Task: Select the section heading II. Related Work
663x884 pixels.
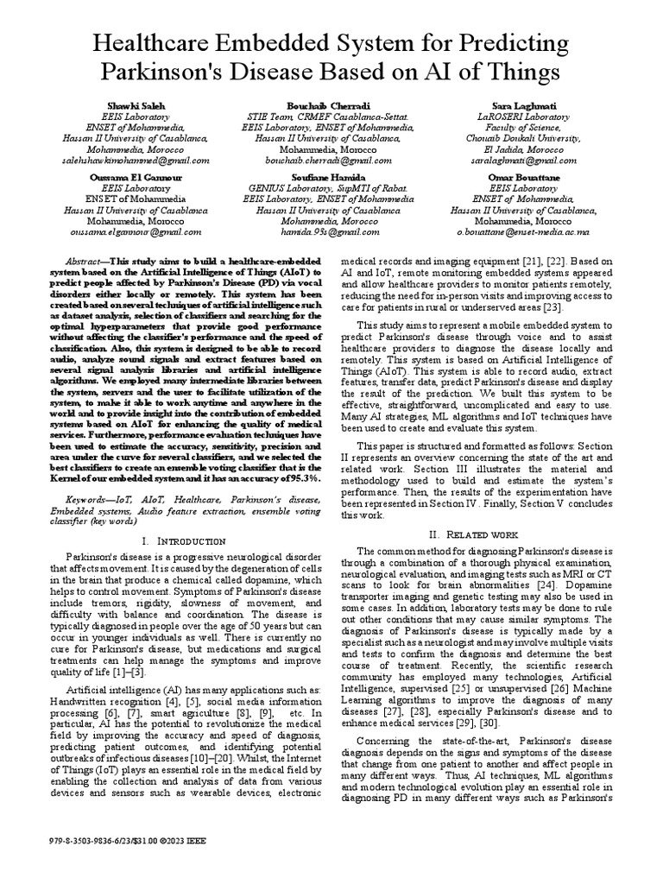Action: pyautogui.click(x=479, y=535)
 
